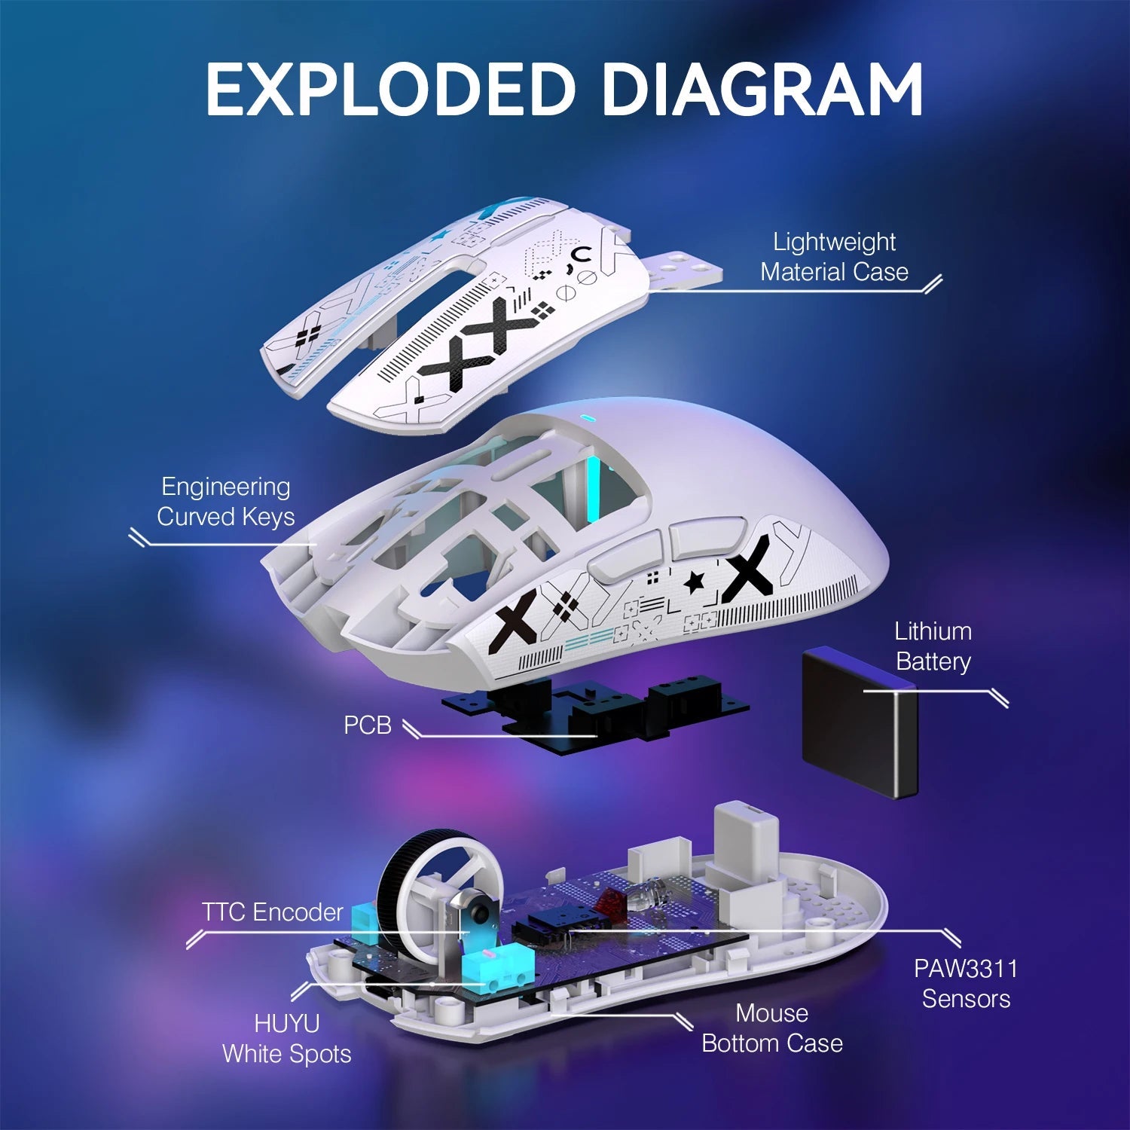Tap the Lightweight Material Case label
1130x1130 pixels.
834,257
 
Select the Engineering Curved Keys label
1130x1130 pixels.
225,502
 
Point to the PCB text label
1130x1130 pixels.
368,725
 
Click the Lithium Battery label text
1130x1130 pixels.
933,646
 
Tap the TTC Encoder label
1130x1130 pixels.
272,912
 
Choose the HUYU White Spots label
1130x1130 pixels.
286,1038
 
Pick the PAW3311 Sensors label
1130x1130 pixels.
966,983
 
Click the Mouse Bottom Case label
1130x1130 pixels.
771,1028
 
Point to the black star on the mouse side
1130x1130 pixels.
694,582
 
